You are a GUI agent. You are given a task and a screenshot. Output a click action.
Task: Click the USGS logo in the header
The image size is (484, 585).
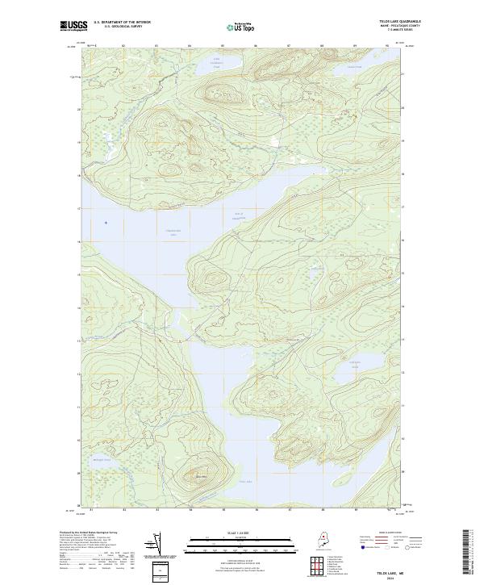(x=73, y=26)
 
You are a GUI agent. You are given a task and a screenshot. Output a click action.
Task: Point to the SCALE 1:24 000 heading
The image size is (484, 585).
(x=235, y=533)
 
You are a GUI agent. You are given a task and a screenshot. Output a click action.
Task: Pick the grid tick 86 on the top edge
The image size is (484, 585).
(x=255, y=46)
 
